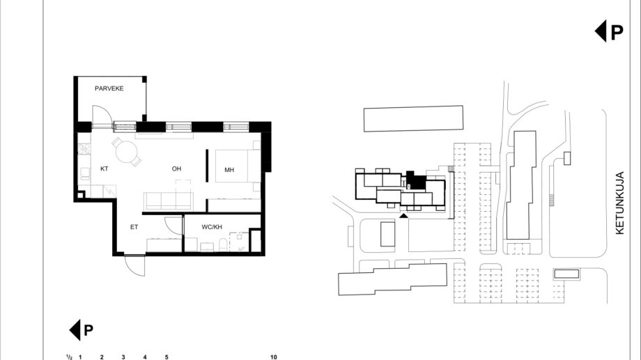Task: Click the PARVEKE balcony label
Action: pos(109,88)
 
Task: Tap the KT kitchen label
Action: pos(105,169)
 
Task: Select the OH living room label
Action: pos(176,169)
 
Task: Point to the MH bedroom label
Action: pos(229,170)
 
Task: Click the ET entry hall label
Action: pos(134,227)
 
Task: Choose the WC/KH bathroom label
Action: pos(212,227)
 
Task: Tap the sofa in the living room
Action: pos(168,201)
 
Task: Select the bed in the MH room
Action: pos(238,166)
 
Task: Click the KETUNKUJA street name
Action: pos(619,203)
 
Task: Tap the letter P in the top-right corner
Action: pos(617,32)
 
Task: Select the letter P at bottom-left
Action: pos(88,330)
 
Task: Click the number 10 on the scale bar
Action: pos(274,357)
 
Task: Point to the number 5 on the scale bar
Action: pos(167,357)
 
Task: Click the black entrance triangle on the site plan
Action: pos(403,216)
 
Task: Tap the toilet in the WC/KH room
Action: pos(223,245)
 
